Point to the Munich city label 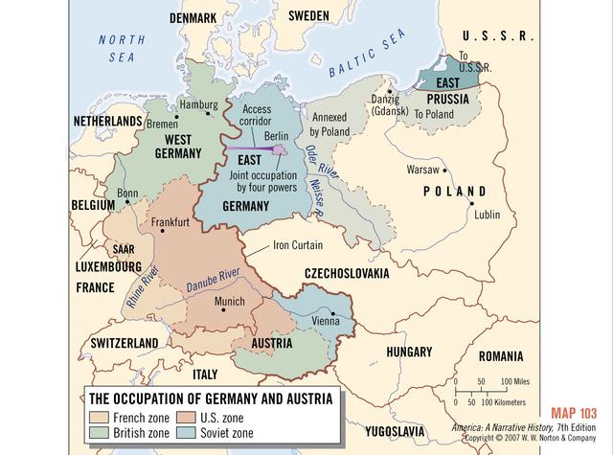point(230,301)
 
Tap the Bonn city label point(127,193)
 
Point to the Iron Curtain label point(298,245)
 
